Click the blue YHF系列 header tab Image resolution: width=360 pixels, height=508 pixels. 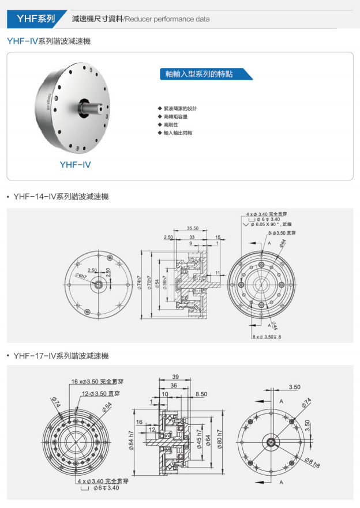pos(35,18)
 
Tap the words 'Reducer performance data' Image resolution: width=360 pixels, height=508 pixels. pos(167,19)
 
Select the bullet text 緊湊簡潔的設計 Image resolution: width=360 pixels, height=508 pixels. pos(180,108)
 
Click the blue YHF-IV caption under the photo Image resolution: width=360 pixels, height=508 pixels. pos(75,165)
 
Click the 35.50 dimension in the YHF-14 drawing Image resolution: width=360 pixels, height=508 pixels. pos(193,228)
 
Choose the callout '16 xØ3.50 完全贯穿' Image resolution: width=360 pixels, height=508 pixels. pos(97,382)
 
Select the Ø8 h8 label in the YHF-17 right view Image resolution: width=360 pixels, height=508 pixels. pos(312,462)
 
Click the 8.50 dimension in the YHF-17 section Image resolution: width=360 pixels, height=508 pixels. pos(201,394)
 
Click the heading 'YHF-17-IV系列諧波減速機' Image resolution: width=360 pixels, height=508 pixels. pos(61,356)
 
